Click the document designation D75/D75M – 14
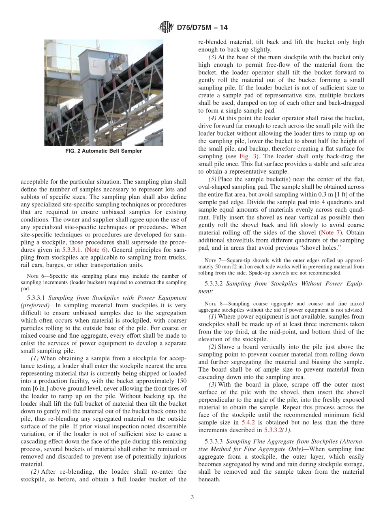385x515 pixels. [202, 28]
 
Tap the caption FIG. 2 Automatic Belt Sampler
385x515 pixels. [104, 151]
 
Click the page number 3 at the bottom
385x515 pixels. [192, 498]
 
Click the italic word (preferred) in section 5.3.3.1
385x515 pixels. [34, 306]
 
